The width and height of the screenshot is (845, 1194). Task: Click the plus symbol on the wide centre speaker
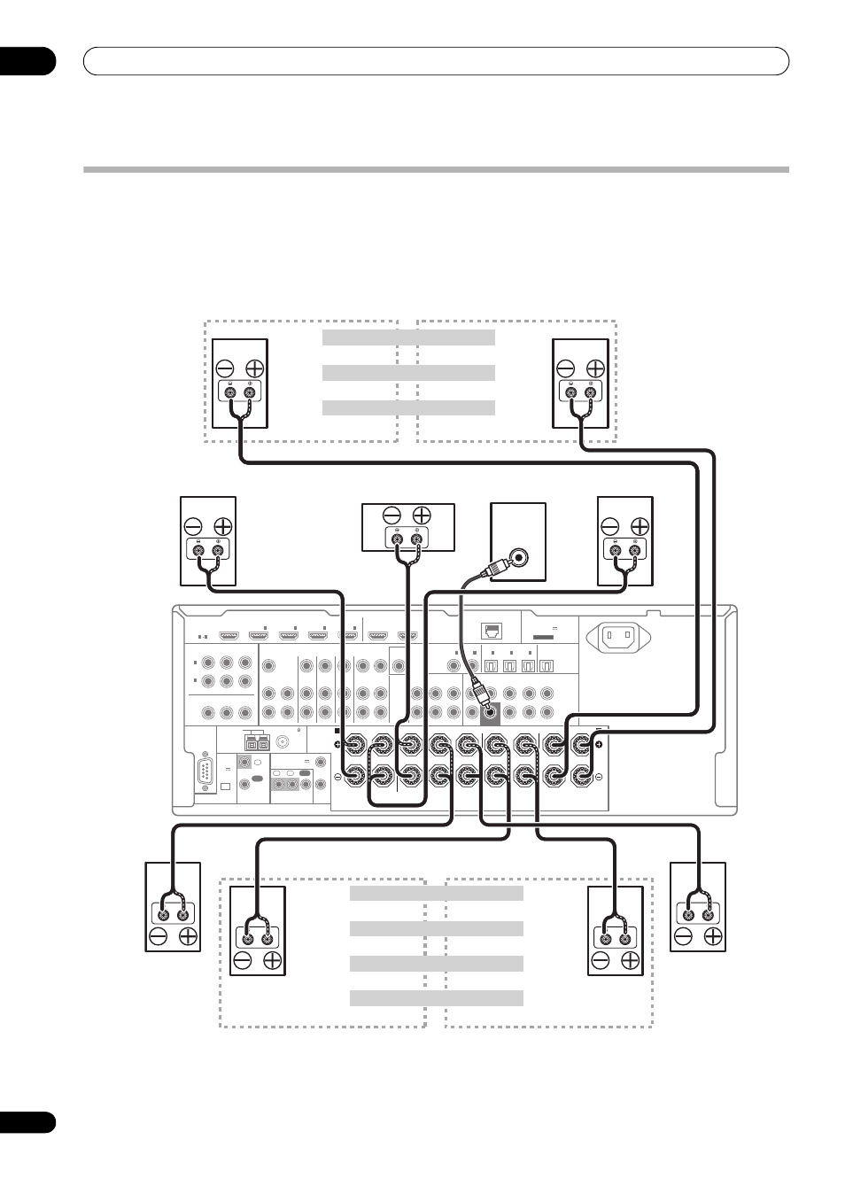(422, 515)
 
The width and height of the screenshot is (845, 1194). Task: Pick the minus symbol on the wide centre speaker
(392, 515)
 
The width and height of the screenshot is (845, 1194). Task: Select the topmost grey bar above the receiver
(407, 337)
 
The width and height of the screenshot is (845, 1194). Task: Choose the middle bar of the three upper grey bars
(407, 372)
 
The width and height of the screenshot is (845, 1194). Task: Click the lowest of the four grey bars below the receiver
(436, 998)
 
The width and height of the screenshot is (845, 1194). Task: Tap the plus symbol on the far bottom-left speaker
(187, 936)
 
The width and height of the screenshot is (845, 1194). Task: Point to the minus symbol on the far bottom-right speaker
(684, 936)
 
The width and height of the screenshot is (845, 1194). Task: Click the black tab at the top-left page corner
(27, 60)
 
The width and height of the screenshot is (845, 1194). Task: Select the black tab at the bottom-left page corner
(27, 1122)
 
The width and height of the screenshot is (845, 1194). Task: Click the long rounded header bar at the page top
(436, 60)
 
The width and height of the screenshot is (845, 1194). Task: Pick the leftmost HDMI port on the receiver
(229, 635)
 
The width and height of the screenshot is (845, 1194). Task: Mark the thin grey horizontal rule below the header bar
(436, 169)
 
